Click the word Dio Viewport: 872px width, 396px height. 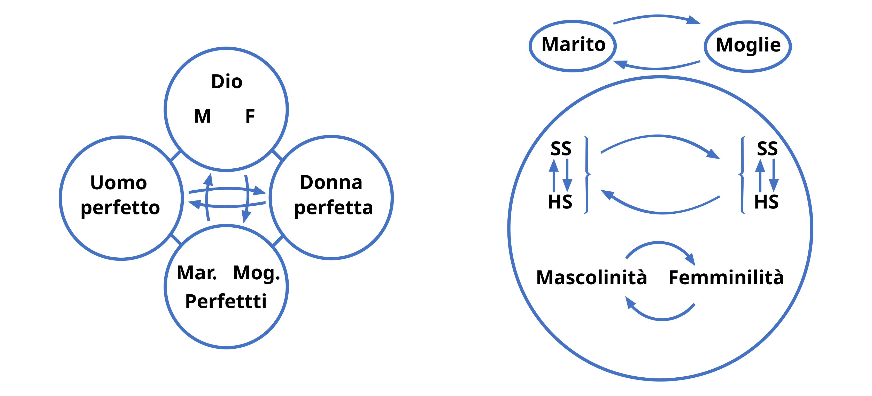227,82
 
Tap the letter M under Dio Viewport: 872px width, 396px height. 202,116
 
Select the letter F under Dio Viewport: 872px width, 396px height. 250,116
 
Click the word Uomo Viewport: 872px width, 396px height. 119,183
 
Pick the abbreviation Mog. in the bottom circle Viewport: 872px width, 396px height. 257,273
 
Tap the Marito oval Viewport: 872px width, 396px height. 573,46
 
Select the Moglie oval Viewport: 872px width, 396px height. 748,46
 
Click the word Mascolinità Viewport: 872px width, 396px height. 591,278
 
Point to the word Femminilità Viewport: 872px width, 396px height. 726,278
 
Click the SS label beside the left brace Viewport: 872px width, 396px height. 561,148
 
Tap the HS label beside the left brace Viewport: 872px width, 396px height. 560,202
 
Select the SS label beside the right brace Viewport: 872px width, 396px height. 767,148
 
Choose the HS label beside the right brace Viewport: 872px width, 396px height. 766,202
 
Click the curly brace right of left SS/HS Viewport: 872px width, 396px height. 587,175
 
